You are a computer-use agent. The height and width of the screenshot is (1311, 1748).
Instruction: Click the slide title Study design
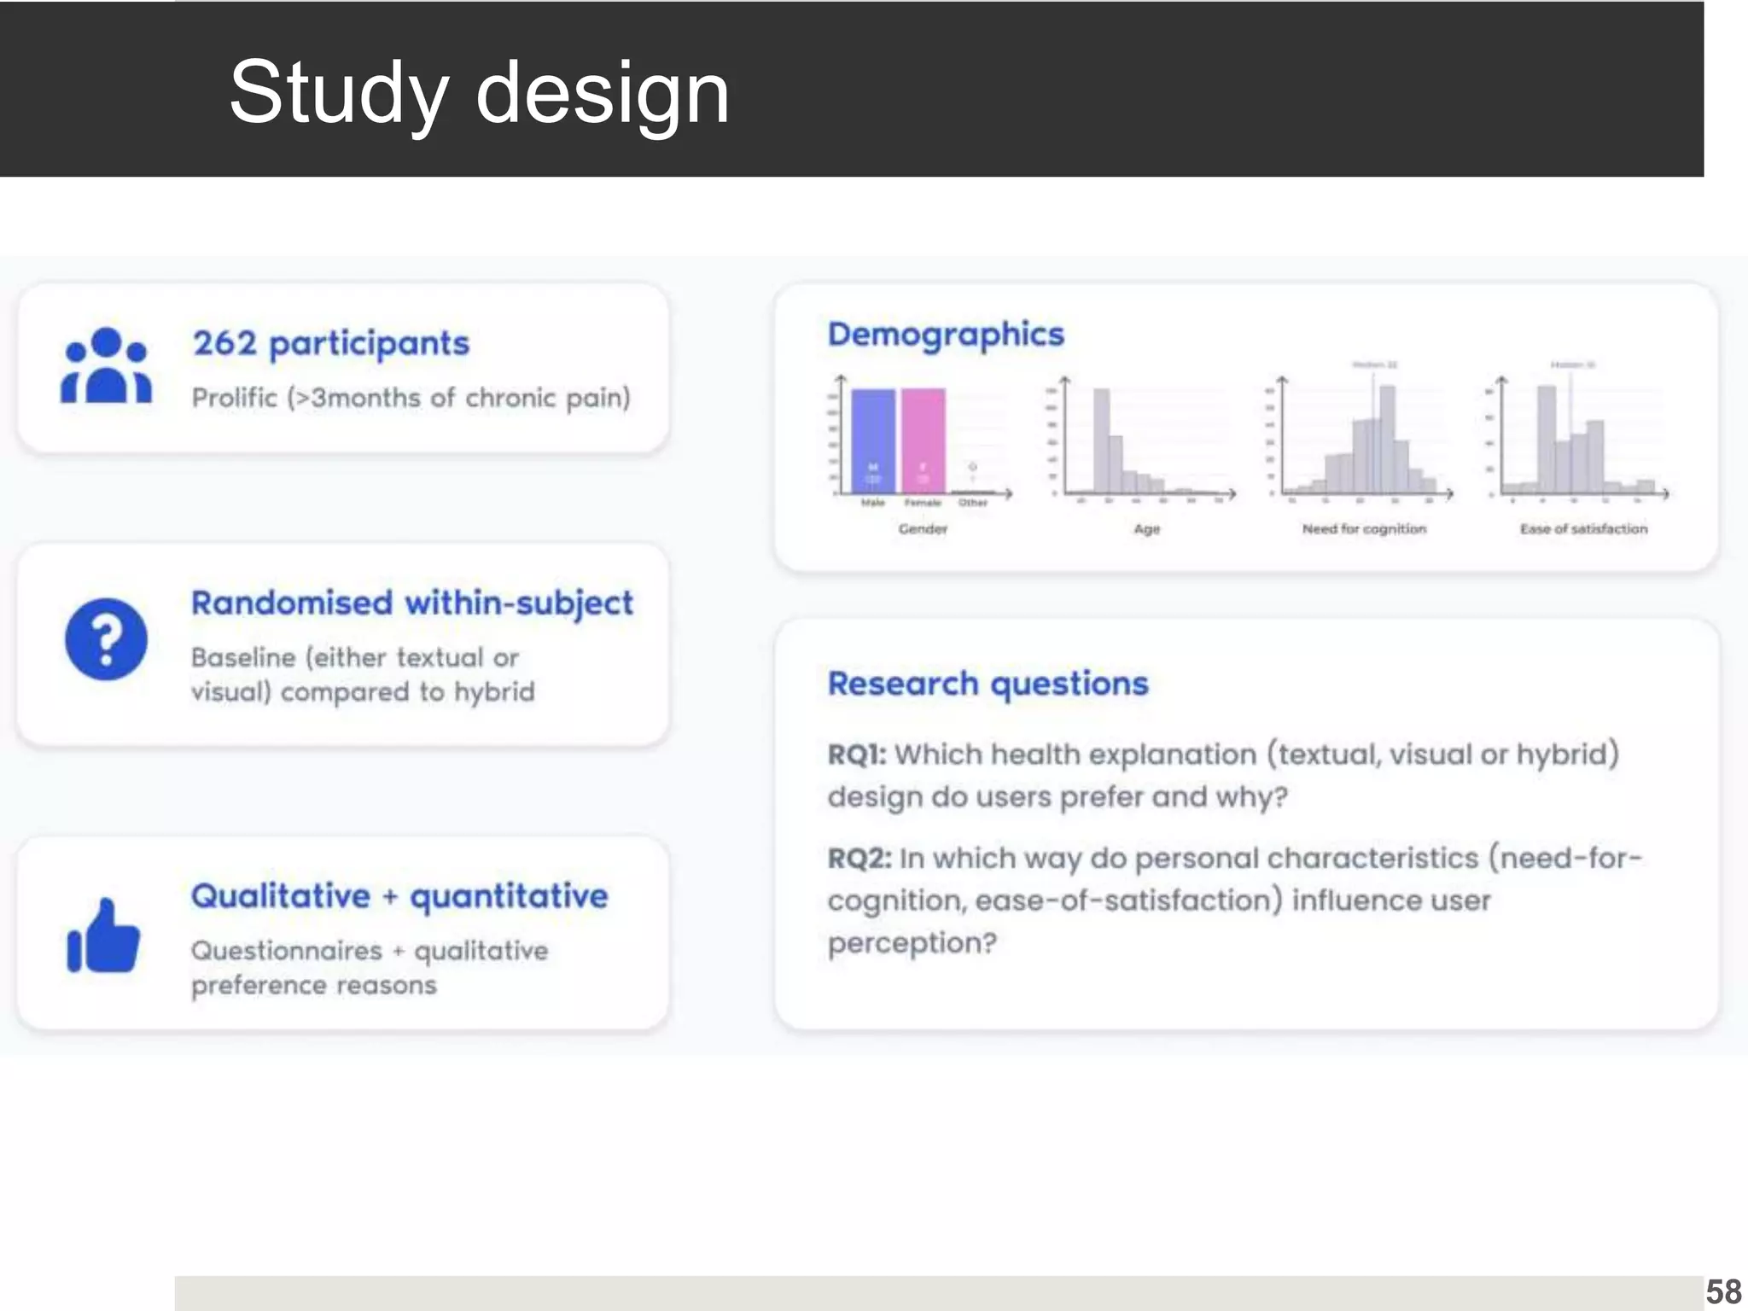479,92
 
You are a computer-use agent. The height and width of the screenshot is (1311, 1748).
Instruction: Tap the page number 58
1723,1291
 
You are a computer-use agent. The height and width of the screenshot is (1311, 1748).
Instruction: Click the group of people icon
106,366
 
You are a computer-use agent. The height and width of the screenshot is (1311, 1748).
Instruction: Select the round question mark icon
106,639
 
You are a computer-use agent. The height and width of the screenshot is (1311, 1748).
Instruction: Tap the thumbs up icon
103,936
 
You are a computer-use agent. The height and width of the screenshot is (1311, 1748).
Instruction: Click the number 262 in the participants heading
224,343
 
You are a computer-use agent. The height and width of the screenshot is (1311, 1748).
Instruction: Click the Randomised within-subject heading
411,603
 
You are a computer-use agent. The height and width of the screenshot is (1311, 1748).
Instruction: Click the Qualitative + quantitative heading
399,896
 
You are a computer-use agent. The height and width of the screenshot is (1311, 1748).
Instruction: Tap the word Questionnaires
286,950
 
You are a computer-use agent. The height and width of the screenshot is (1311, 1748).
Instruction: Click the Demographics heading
946,334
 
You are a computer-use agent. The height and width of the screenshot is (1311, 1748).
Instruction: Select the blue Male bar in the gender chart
873,440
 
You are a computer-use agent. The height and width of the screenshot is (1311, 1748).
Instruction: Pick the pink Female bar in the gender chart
923,440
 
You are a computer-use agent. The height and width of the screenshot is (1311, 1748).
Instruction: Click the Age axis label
1146,529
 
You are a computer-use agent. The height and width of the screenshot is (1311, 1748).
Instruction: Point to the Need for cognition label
1364,529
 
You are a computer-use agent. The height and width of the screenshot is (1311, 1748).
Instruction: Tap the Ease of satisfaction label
1583,529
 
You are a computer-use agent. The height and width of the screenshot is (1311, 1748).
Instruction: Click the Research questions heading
988,684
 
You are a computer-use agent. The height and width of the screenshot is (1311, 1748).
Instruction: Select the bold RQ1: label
856,755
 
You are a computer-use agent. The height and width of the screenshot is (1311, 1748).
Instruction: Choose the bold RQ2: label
859,858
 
